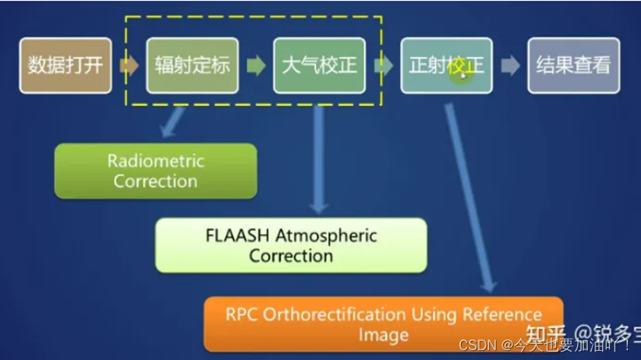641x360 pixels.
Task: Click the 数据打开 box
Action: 65,65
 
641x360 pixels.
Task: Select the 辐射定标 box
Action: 191,65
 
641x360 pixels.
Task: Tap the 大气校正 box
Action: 319,65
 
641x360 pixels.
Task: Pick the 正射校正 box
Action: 446,65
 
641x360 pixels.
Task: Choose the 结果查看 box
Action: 573,65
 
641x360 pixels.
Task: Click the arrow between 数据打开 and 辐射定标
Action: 128,65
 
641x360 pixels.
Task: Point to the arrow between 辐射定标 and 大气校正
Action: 256,65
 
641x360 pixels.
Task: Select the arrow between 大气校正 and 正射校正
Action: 384,65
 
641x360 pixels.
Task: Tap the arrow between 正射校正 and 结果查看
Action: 510,65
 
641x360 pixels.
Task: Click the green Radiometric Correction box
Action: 155,171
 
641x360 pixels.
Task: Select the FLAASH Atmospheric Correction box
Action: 291,245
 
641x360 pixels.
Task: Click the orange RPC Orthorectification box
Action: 384,324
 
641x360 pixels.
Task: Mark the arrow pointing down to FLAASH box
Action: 319,159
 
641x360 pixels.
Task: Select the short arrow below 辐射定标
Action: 172,122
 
